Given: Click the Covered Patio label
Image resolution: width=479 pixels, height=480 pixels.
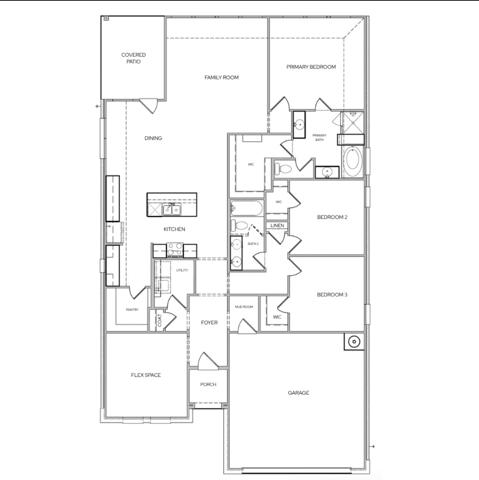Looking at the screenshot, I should pyautogui.click(x=133, y=58).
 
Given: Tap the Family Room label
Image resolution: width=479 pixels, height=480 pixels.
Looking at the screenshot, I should pyautogui.click(x=221, y=77).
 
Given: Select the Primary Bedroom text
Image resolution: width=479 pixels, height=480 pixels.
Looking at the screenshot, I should pyautogui.click(x=311, y=67).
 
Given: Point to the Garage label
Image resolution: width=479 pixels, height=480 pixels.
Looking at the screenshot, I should pyautogui.click(x=298, y=393).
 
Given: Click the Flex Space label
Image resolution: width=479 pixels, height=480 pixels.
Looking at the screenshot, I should pyautogui.click(x=146, y=375).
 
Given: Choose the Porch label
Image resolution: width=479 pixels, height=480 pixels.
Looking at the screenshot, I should pyautogui.click(x=208, y=384).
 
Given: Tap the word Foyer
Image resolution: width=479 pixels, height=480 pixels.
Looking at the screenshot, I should pyautogui.click(x=209, y=323).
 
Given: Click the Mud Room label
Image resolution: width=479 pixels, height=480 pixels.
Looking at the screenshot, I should pyautogui.click(x=244, y=307).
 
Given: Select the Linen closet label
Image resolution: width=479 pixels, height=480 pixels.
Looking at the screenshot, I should pyautogui.click(x=277, y=226).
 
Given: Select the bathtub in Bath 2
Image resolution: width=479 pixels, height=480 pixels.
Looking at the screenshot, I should pyautogui.click(x=247, y=209).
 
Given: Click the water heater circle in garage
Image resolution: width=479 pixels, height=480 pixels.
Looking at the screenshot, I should pyautogui.click(x=353, y=342).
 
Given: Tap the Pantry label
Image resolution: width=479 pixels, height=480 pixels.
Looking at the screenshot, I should pyautogui.click(x=132, y=310).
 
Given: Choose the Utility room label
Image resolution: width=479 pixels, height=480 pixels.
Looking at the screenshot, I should pyautogui.click(x=182, y=270).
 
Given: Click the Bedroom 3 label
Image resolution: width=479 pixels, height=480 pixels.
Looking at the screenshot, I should pyautogui.click(x=332, y=295).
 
